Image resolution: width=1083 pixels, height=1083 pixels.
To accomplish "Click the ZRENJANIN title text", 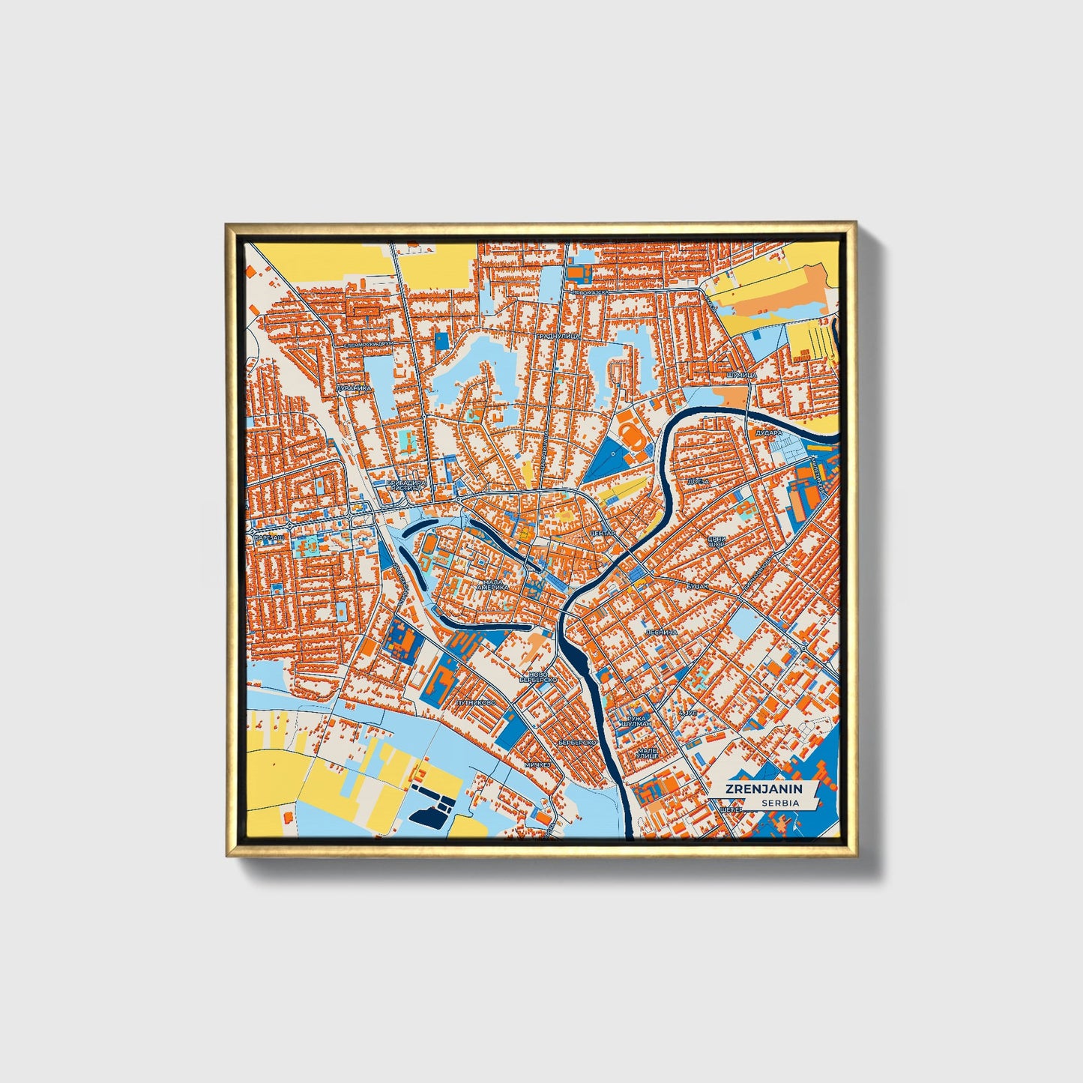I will [763, 788].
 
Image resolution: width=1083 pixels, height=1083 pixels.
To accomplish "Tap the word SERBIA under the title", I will [779, 803].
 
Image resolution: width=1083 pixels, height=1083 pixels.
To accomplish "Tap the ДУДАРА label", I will [768, 432].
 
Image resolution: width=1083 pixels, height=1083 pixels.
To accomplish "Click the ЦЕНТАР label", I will [603, 532].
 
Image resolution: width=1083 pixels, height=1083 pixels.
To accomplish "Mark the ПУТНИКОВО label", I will [475, 703].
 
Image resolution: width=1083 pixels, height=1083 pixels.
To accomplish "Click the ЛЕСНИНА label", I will [661, 632].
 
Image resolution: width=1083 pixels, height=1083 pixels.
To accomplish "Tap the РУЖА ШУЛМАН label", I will [633, 721].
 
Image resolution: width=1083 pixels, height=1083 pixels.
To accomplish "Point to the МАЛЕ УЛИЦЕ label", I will [646, 752].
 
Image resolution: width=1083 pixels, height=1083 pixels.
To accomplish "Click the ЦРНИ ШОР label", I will [717, 541].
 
